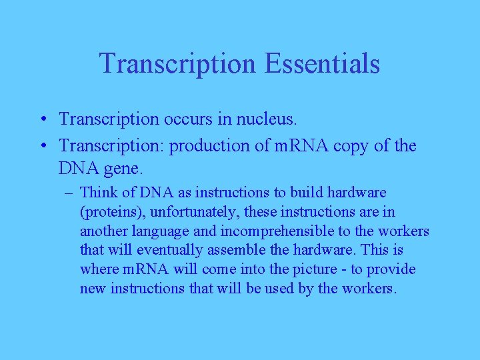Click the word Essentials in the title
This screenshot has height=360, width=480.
(322, 63)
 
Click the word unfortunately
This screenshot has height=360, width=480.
(177, 212)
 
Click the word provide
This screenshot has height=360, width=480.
(393, 270)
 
